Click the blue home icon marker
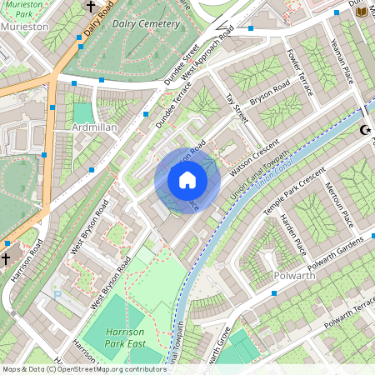pyautogui.click(x=187, y=180)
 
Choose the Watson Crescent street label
pyautogui.click(x=256, y=158)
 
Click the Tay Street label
pyautogui.click(x=236, y=112)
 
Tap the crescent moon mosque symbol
pyautogui.click(x=364, y=130)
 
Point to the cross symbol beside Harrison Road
pyautogui.click(x=6, y=258)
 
